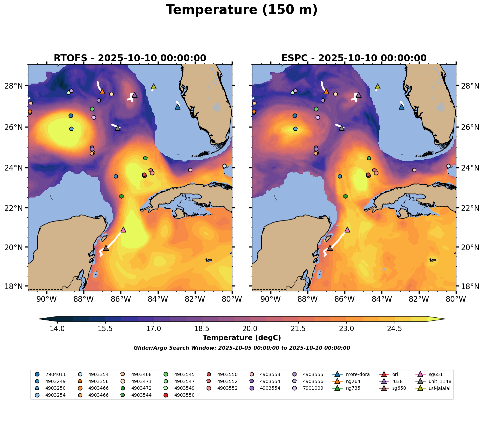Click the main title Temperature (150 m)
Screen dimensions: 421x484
242,10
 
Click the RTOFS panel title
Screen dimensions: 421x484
130,58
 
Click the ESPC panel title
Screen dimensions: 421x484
354,58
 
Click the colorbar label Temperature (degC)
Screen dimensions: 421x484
242,338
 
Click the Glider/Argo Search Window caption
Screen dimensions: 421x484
242,348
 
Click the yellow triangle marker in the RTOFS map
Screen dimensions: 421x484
154,87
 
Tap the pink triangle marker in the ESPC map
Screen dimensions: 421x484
347,230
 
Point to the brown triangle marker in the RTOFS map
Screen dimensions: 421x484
106,248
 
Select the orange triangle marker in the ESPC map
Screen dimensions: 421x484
326,92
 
